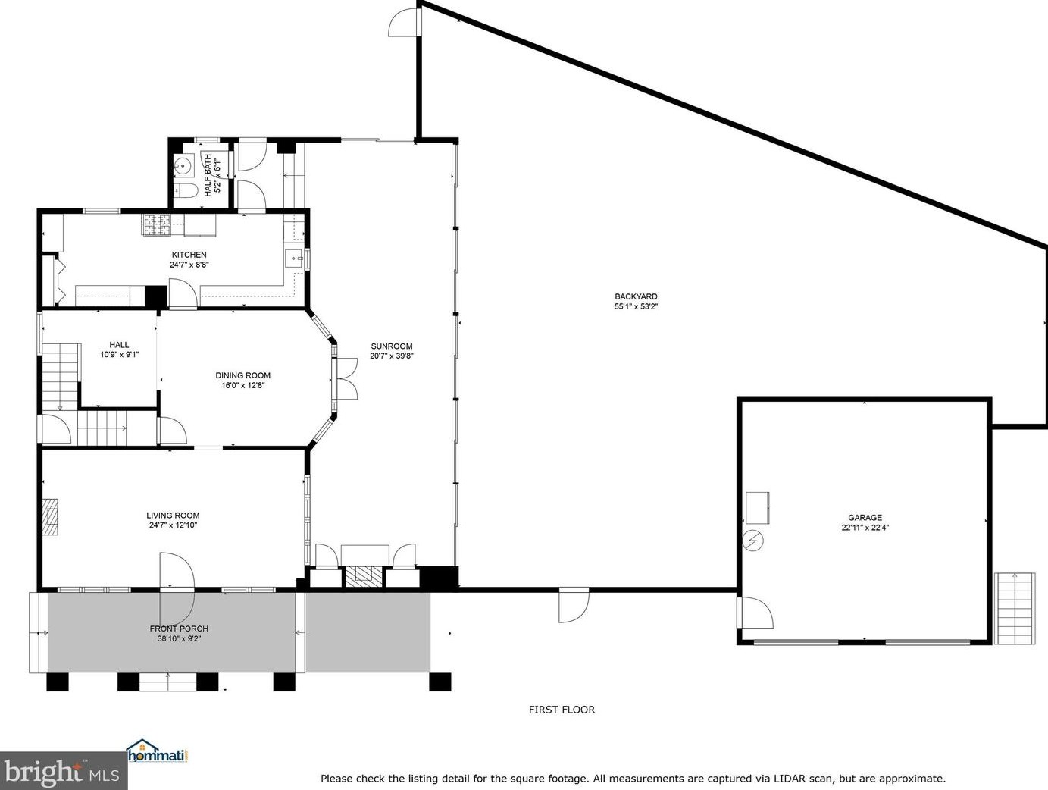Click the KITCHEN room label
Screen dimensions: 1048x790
189,255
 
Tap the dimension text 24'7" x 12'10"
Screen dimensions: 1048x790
173,525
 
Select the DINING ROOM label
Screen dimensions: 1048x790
242,375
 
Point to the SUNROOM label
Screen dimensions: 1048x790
392,346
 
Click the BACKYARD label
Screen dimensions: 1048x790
636,296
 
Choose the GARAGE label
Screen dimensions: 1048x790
865,517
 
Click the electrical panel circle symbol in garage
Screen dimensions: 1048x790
753,541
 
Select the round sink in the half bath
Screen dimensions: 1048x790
183,167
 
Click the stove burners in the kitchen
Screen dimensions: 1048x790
156,225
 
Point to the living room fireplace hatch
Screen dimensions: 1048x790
50,517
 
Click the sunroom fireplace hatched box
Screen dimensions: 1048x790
364,576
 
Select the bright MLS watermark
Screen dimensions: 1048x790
63,772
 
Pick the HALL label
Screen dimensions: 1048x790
119,344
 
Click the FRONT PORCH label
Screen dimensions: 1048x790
179,629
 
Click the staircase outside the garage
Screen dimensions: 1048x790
1015,609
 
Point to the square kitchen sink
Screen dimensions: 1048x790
294,259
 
